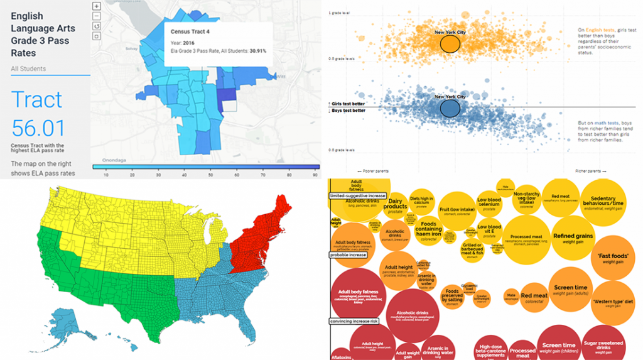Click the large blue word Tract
point(37,99)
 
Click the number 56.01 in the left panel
point(38,128)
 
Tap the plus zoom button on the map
point(96,6)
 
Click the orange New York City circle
point(449,43)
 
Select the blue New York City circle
point(450,108)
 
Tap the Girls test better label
point(348,102)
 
